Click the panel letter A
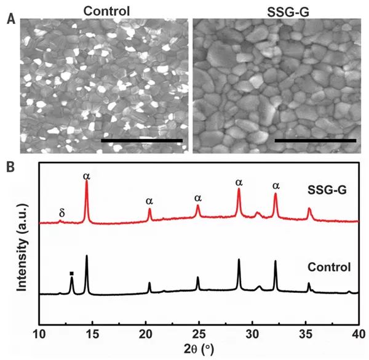tap(10, 20)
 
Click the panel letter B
tap(10, 166)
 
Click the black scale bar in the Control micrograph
tap(141, 140)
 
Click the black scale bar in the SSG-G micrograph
tap(315, 140)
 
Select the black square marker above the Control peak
tap(72, 273)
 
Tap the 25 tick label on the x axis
tap(199, 334)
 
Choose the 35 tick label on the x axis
tap(305, 334)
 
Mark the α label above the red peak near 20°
tap(149, 201)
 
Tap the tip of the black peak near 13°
tap(72, 278)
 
